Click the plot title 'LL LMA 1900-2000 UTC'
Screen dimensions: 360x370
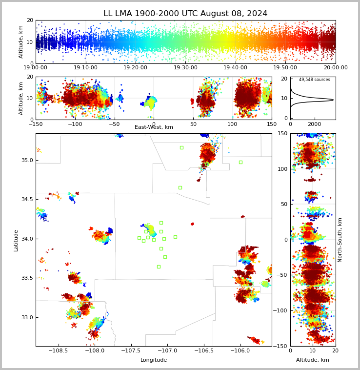pyautogui.click(x=151, y=14)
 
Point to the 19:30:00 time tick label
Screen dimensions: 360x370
pyautogui.click(x=185, y=67)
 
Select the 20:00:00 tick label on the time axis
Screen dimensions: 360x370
pyautogui.click(x=336, y=67)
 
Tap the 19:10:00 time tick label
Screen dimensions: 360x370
pyautogui.click(x=85, y=67)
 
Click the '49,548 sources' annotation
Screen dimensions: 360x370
pyautogui.click(x=315, y=80)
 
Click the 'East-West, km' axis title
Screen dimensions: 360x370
pyautogui.click(x=154, y=127)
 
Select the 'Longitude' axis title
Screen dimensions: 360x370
pyautogui.click(x=154, y=360)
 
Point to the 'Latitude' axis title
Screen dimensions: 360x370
pyautogui.click(x=16, y=241)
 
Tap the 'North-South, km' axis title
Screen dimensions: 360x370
pyautogui.click(x=340, y=240)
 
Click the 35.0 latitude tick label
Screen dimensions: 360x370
pyautogui.click(x=27, y=160)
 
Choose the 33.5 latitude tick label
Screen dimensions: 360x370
pyautogui.click(x=27, y=278)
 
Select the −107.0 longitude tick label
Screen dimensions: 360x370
pyautogui.click(x=168, y=350)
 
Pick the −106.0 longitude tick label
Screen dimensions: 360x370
pyautogui.click(x=240, y=350)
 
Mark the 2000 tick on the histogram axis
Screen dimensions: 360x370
pyautogui.click(x=315, y=124)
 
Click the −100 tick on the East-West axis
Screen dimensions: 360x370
pyautogui.click(x=75, y=124)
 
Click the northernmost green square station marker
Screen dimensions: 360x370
pyautogui.click(x=181, y=148)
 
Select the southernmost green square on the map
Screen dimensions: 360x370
pyautogui.click(x=159, y=267)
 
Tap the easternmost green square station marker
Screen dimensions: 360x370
pyautogui.click(x=240, y=163)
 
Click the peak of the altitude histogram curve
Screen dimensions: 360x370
pyautogui.click(x=333, y=100)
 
